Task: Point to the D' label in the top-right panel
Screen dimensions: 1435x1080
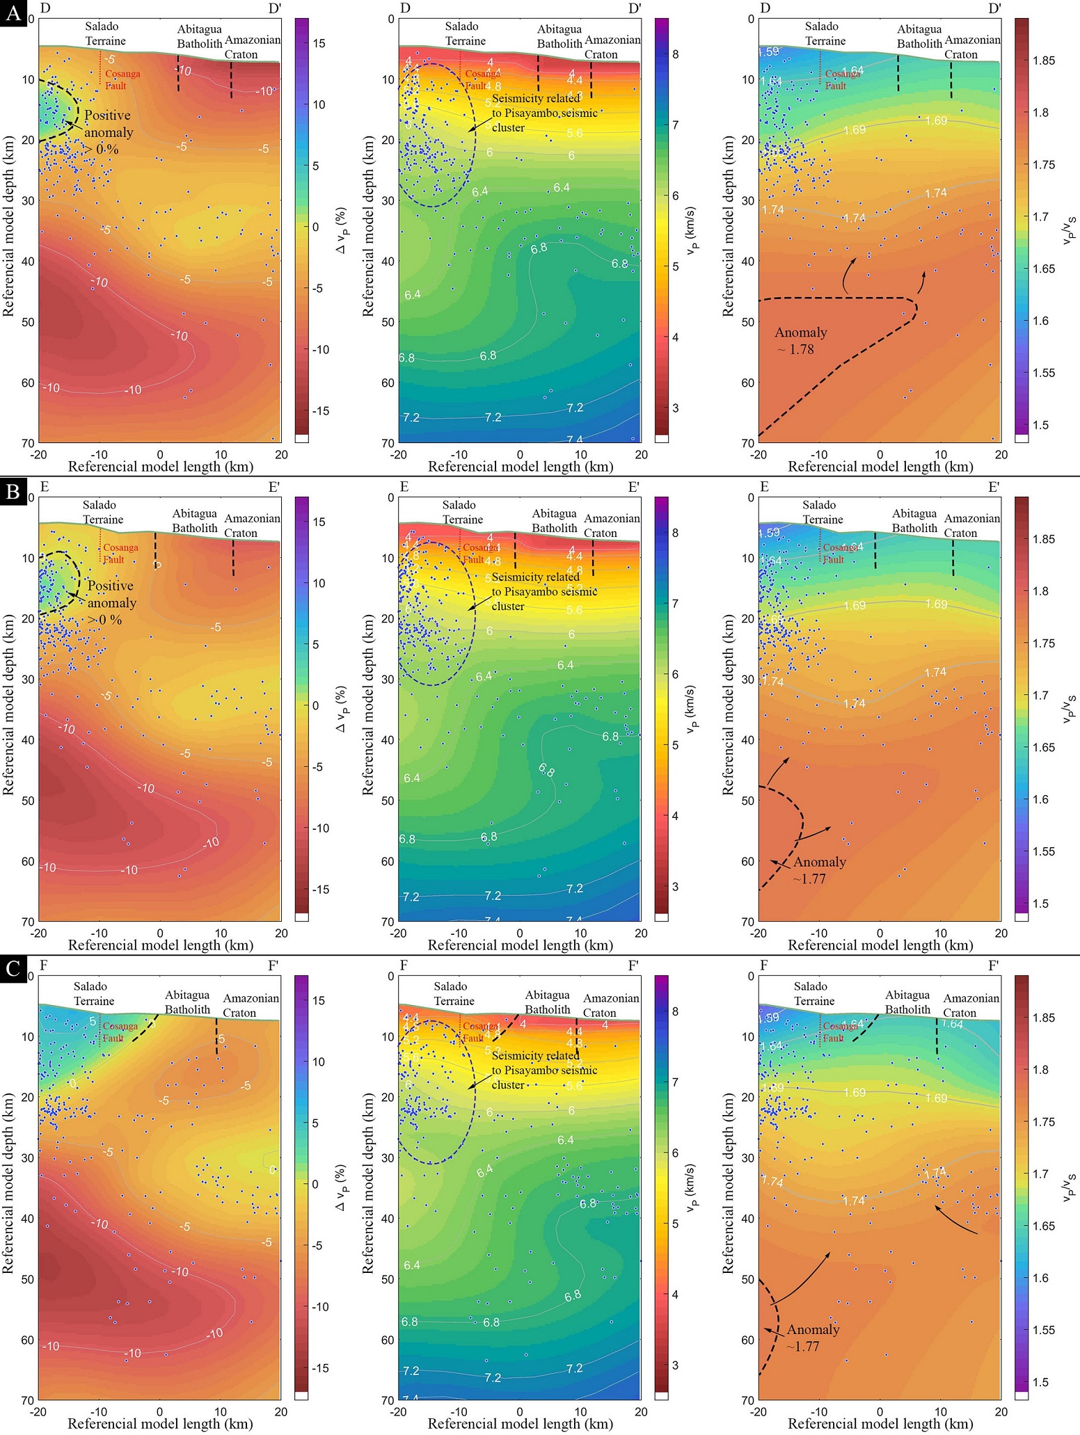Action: (x=994, y=8)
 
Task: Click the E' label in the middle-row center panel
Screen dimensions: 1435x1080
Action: (x=633, y=487)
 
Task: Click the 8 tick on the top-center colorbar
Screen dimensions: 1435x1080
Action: (x=675, y=54)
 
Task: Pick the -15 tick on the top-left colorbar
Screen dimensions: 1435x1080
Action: (x=319, y=411)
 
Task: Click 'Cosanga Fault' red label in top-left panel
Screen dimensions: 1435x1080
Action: (x=122, y=79)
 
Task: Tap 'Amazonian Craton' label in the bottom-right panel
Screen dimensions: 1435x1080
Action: (x=971, y=1005)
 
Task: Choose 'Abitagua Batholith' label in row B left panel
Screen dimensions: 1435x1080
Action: (x=195, y=520)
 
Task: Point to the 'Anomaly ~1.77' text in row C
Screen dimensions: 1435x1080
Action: (x=813, y=1338)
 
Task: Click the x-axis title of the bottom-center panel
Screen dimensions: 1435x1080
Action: (x=520, y=1424)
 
